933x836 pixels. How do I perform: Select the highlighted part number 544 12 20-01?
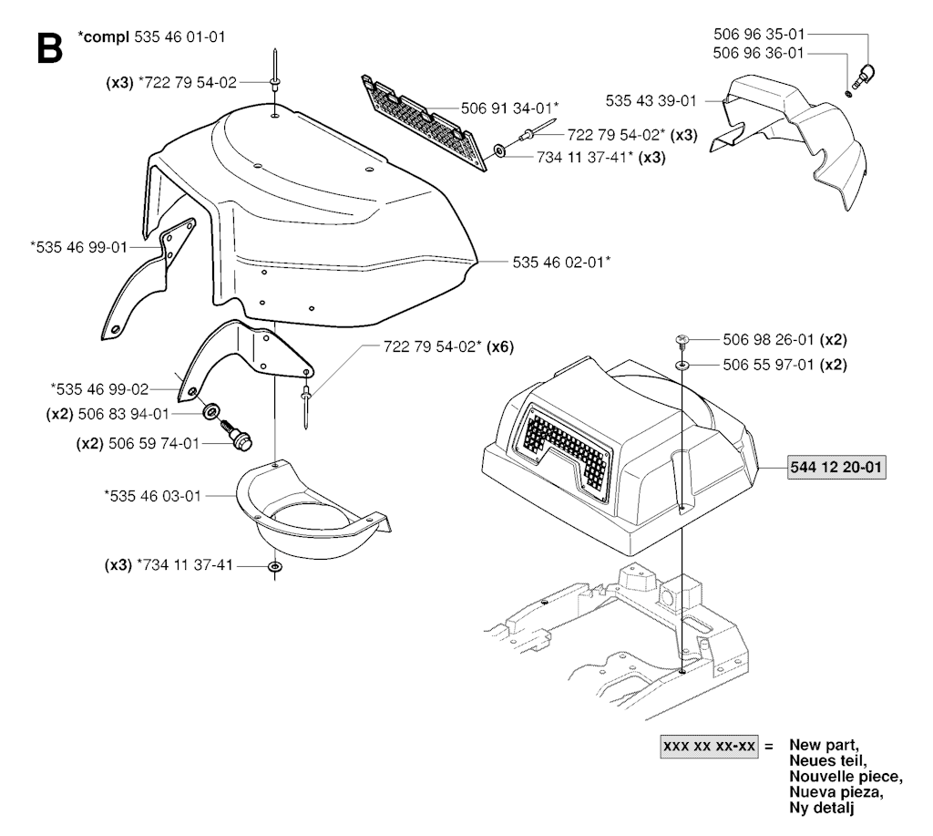[837, 467]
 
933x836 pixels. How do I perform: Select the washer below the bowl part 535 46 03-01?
[274, 567]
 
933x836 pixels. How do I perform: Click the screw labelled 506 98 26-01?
[682, 341]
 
